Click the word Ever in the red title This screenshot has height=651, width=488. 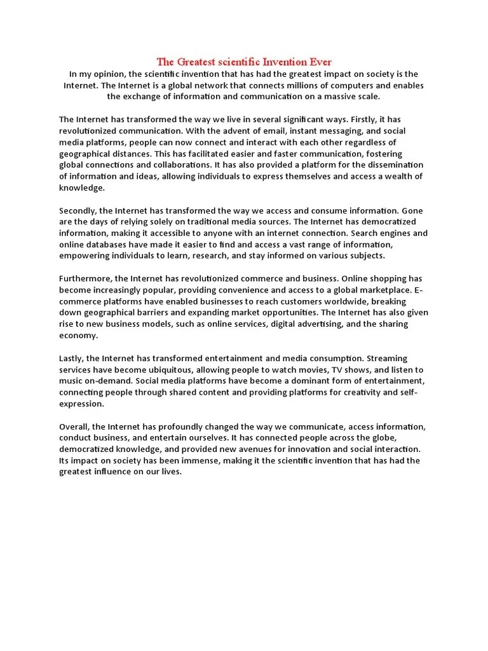click(x=320, y=62)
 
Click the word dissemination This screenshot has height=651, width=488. click(x=391, y=165)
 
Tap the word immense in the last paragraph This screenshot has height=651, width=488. click(x=203, y=461)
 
